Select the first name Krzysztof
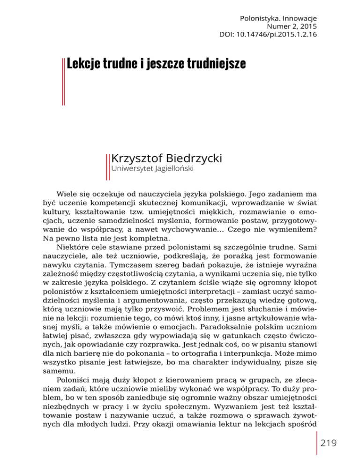pyautogui.click(x=137, y=159)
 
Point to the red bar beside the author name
pyautogui.click(x=108, y=165)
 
